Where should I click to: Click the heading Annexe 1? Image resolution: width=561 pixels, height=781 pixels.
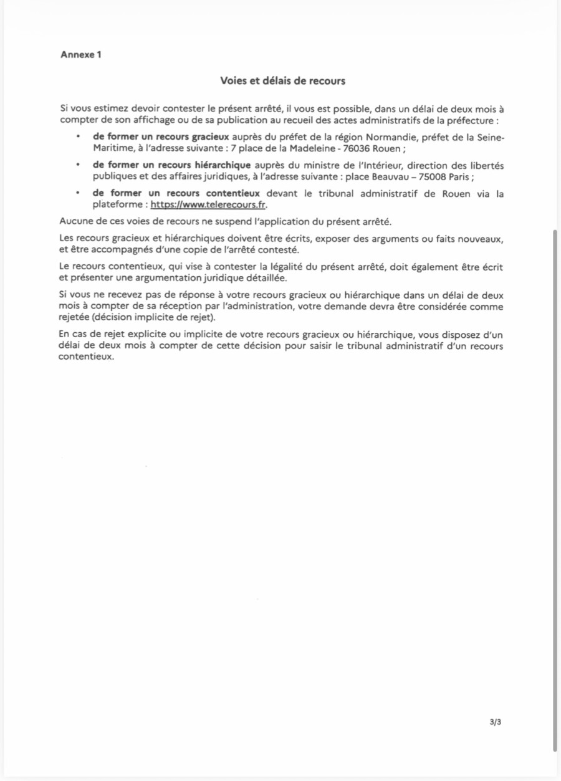coord(81,55)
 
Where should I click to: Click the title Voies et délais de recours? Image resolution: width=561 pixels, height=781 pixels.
coord(282,81)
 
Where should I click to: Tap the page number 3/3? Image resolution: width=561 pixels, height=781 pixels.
coord(496,722)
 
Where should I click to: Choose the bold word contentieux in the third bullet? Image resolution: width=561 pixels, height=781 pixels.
coord(233,194)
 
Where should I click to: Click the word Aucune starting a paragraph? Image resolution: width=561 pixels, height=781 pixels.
coord(75,222)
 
